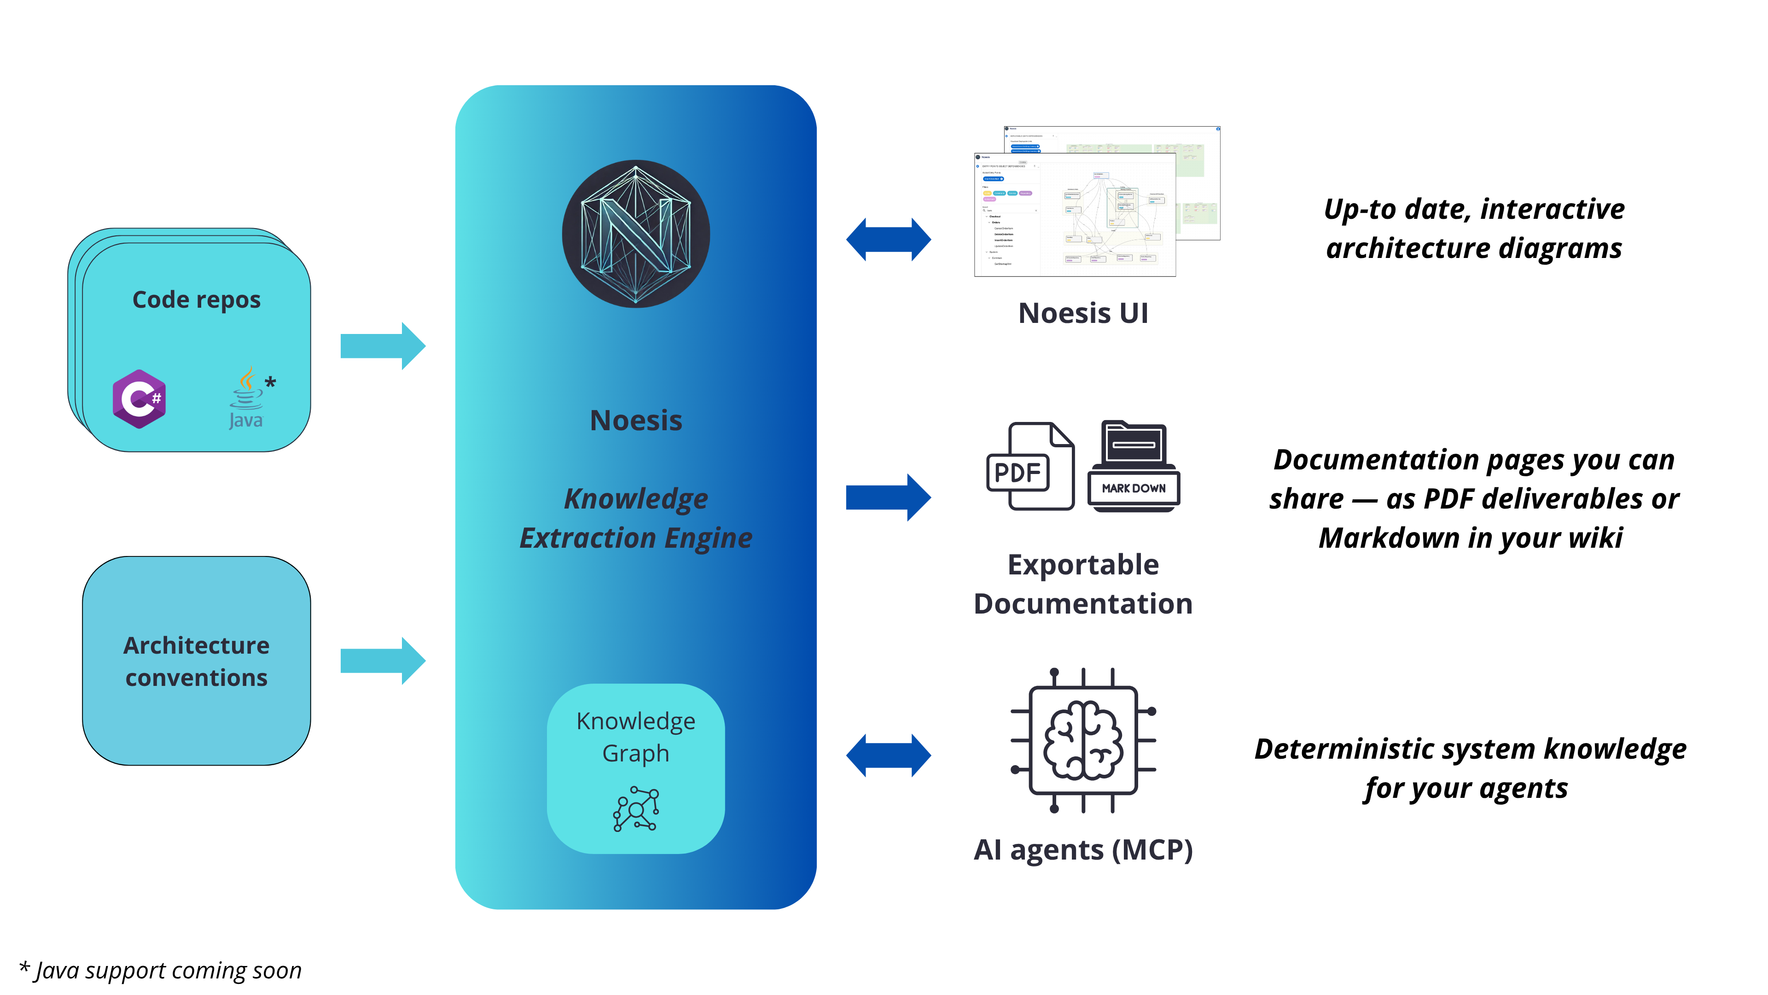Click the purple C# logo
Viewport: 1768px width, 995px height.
[x=140, y=399]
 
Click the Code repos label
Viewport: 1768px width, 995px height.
[x=196, y=300]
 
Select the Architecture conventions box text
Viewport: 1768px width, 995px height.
[x=196, y=661]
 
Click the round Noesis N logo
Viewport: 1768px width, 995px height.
[x=635, y=234]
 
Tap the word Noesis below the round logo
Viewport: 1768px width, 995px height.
[x=635, y=420]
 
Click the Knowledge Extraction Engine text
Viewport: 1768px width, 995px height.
[x=635, y=518]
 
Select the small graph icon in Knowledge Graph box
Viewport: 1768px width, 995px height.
[x=635, y=809]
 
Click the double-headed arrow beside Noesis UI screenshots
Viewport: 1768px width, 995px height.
[x=888, y=240]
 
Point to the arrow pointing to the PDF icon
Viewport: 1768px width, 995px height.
[x=888, y=497]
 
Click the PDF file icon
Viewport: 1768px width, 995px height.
[x=1029, y=467]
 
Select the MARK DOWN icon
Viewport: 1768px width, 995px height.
[x=1134, y=467]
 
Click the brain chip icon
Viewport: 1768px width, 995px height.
[x=1083, y=740]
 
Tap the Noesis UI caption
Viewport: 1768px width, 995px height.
[x=1083, y=313]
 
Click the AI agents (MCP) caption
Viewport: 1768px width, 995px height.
[x=1083, y=850]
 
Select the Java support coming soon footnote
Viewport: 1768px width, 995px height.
[x=161, y=970]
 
